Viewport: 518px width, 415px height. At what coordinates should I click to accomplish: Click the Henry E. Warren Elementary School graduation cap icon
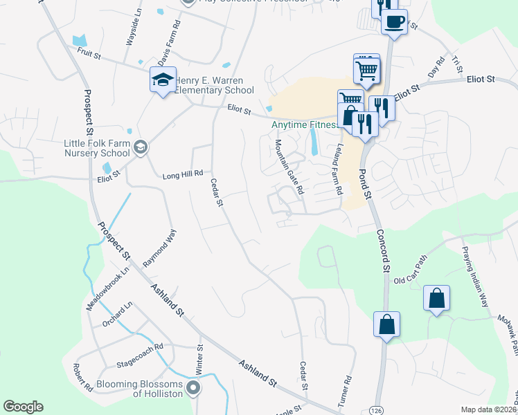click(163, 80)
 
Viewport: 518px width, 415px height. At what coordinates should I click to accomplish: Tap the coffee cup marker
click(394, 22)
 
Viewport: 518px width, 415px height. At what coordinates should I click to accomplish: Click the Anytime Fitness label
click(305, 125)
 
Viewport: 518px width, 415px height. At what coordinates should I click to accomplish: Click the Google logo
click(23, 407)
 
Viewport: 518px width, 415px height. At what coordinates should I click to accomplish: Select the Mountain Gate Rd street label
click(290, 166)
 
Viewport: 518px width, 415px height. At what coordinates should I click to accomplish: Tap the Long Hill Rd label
click(182, 174)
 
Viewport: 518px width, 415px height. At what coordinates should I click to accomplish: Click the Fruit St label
click(89, 52)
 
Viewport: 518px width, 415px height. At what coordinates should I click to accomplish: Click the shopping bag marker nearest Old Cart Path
click(436, 299)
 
